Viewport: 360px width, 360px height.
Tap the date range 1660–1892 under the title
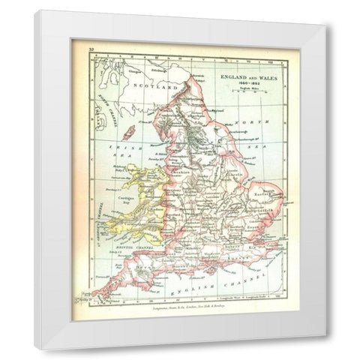244,82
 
